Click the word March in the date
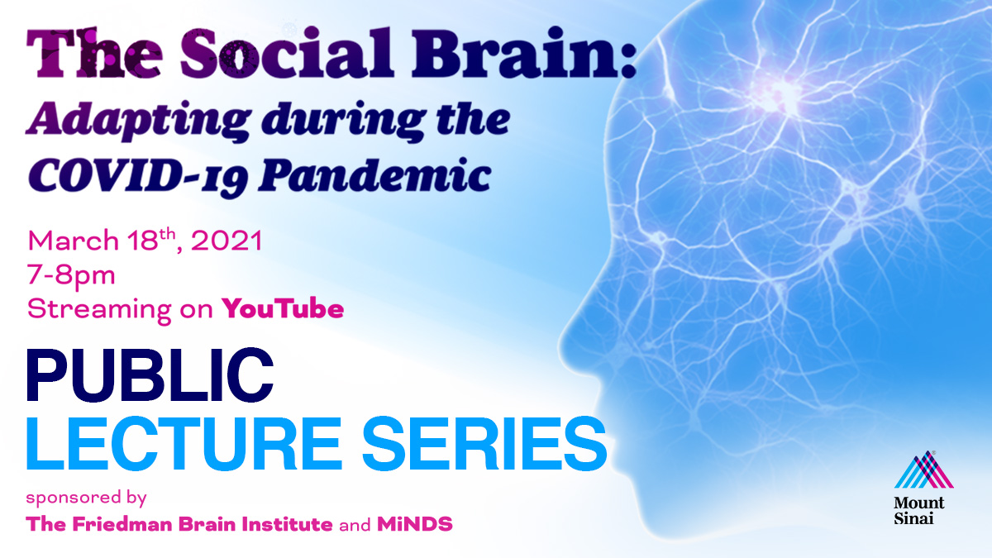click(69, 242)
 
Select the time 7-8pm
click(71, 275)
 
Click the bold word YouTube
click(282, 309)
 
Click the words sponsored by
click(86, 498)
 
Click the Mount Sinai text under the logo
click(918, 511)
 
